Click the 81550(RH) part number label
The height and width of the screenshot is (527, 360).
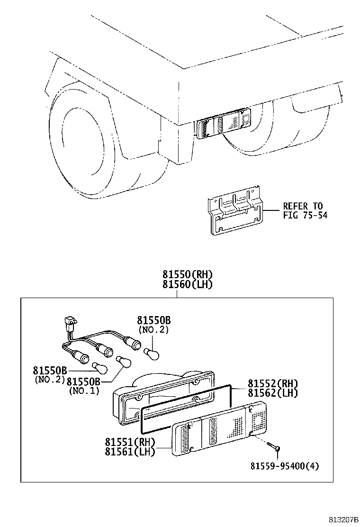(188, 274)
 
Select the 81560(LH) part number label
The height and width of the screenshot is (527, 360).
(188, 284)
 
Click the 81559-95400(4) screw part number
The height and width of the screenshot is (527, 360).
(285, 466)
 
